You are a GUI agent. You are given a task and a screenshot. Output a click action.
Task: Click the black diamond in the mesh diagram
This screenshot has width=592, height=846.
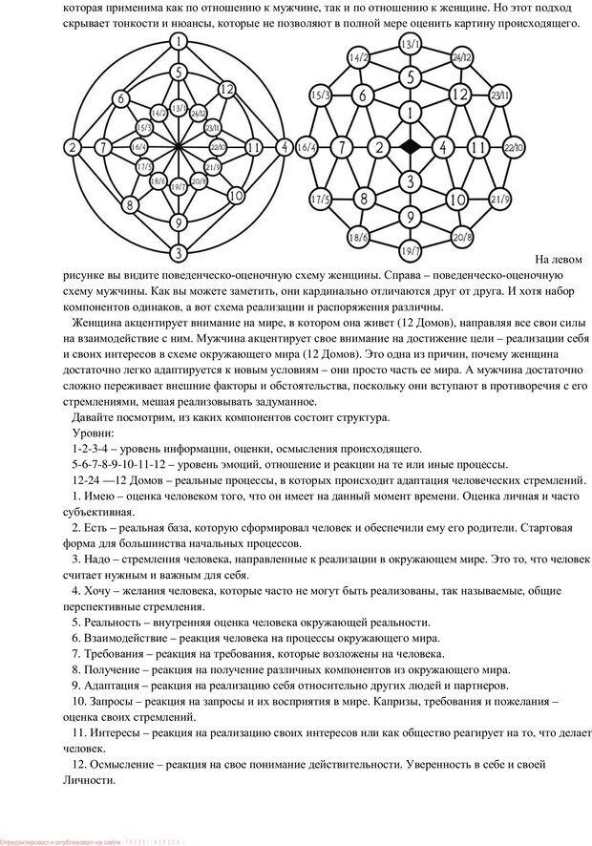410,147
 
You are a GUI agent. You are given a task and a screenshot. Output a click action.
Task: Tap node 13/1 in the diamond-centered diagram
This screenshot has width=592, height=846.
410,44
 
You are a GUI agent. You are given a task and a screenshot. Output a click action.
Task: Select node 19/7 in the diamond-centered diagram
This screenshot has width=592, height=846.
410,251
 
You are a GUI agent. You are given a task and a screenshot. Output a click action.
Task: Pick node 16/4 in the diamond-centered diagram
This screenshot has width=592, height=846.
307,148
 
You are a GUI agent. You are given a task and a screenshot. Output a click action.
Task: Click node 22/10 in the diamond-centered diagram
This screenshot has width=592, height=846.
513,147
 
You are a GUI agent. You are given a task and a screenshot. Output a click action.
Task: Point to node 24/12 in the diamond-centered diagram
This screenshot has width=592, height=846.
460,57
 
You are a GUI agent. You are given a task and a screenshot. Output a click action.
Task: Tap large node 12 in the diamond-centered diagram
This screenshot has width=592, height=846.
460,95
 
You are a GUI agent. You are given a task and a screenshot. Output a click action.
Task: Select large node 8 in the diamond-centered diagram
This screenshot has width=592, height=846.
362,199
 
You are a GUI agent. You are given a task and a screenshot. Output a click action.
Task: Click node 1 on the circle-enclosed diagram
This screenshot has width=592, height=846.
178,41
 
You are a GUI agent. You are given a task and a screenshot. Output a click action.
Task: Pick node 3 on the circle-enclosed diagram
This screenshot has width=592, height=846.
178,253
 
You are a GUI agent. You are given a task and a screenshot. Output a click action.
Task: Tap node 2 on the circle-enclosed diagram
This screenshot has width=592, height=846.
72,147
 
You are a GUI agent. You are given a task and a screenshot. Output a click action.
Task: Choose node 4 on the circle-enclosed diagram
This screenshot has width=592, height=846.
284,147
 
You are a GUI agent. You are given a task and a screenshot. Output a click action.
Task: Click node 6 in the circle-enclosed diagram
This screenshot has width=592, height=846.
119,97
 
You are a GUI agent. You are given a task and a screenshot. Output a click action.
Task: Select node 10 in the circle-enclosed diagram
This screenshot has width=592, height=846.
235,196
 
